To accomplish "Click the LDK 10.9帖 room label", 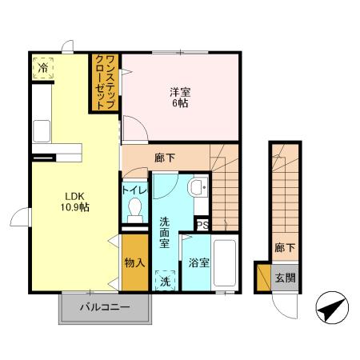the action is click(74, 202).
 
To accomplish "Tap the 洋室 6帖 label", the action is click(180, 98).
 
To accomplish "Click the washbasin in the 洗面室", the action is click(198, 187).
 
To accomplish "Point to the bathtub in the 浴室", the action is click(225, 263).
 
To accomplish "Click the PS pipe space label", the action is click(202, 225).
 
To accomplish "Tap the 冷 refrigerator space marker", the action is click(42, 68).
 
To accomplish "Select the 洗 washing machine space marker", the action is click(166, 281).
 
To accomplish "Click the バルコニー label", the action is click(105, 307).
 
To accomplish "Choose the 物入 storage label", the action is click(134, 263).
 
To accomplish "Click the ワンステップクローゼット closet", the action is click(105, 82).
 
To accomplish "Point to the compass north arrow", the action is click(332, 307).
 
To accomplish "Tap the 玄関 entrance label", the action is click(286, 278).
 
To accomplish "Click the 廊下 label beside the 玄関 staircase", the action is click(285, 248).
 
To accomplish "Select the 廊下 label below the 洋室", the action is click(165, 158).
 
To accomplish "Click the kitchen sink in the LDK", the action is click(42, 131).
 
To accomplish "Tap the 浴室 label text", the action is click(198, 263).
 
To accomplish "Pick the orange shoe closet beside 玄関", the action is click(264, 278).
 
